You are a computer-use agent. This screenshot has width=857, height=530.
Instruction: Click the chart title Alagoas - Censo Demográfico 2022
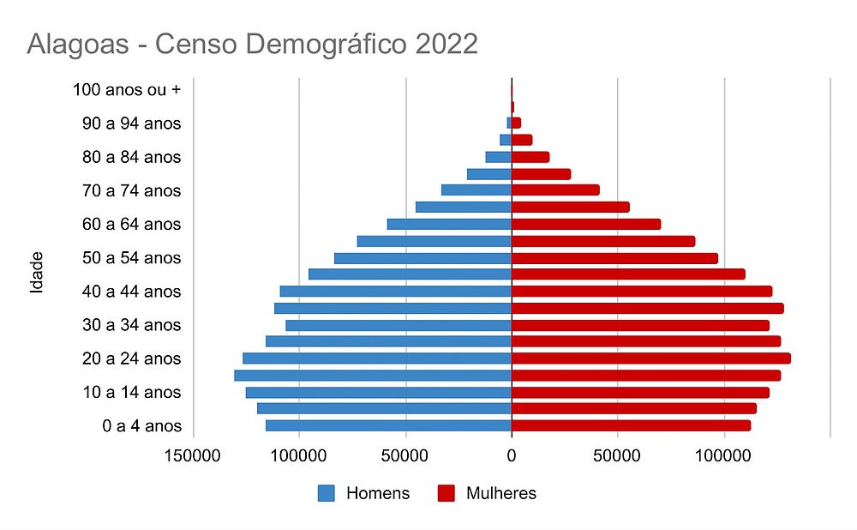pyautogui.click(x=252, y=44)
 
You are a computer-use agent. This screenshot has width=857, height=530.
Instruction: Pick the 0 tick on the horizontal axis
pyautogui.click(x=512, y=457)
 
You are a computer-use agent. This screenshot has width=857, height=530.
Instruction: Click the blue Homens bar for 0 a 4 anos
pyautogui.click(x=388, y=425)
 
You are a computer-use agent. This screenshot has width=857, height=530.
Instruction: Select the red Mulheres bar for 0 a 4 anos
pyautogui.click(x=631, y=425)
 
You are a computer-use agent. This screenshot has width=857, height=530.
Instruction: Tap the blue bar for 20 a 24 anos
pyautogui.click(x=377, y=358)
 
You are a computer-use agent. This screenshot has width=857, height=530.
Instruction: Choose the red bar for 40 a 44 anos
pyautogui.click(x=642, y=292)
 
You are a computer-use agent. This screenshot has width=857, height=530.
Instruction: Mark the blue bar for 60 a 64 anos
pyautogui.click(x=449, y=225)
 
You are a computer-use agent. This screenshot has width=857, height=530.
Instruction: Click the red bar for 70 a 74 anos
pyautogui.click(x=555, y=190)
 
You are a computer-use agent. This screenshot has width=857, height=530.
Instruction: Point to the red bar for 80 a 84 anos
pyautogui.click(x=530, y=157)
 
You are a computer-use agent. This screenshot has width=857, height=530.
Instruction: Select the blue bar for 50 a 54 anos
pyautogui.click(x=423, y=258)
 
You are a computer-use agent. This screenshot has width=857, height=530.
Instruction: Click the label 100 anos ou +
pyautogui.click(x=127, y=89)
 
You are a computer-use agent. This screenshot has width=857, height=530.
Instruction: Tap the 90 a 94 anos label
pyautogui.click(x=131, y=123)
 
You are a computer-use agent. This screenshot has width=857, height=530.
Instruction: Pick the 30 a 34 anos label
pyautogui.click(x=131, y=325)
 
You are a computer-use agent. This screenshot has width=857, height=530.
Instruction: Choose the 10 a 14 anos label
pyautogui.click(x=131, y=392)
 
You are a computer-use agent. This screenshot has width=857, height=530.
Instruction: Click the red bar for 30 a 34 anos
pyautogui.click(x=640, y=325)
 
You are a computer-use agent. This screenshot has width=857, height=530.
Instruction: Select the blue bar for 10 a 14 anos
pyautogui.click(x=379, y=392)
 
